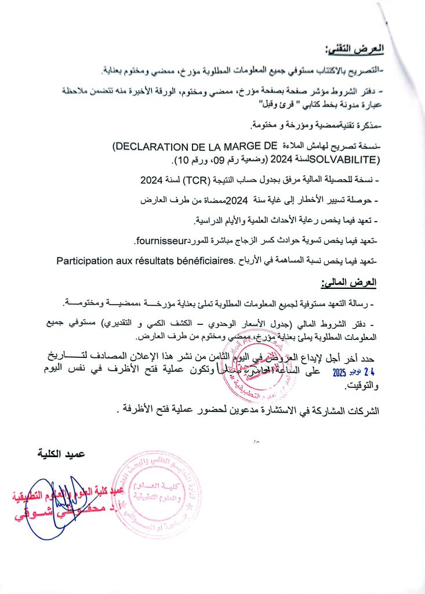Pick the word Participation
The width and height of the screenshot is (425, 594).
(x=89, y=260)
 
